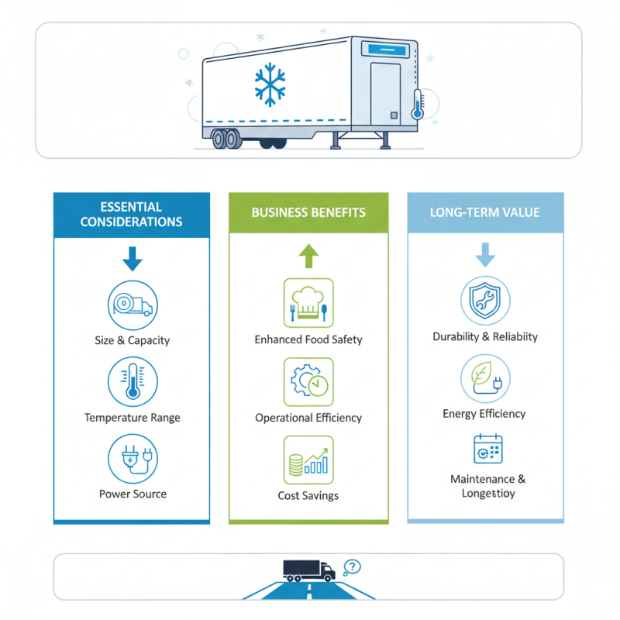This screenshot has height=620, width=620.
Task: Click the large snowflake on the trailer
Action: (270, 84)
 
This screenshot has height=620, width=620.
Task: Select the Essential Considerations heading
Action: (132, 215)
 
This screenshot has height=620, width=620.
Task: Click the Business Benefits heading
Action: (308, 212)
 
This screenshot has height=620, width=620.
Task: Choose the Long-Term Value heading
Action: (485, 212)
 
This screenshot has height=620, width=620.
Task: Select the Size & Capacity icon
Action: (133, 304)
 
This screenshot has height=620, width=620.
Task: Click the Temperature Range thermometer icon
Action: (133, 381)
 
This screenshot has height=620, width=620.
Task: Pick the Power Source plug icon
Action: (133, 457)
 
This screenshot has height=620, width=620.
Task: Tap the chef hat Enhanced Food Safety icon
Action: (308, 302)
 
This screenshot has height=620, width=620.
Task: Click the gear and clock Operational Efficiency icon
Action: (308, 381)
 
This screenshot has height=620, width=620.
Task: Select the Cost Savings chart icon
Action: (308, 460)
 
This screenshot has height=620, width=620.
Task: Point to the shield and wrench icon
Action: (485, 301)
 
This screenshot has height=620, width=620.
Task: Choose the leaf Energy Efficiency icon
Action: (485, 378)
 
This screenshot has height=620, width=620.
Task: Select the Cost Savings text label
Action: (308, 496)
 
